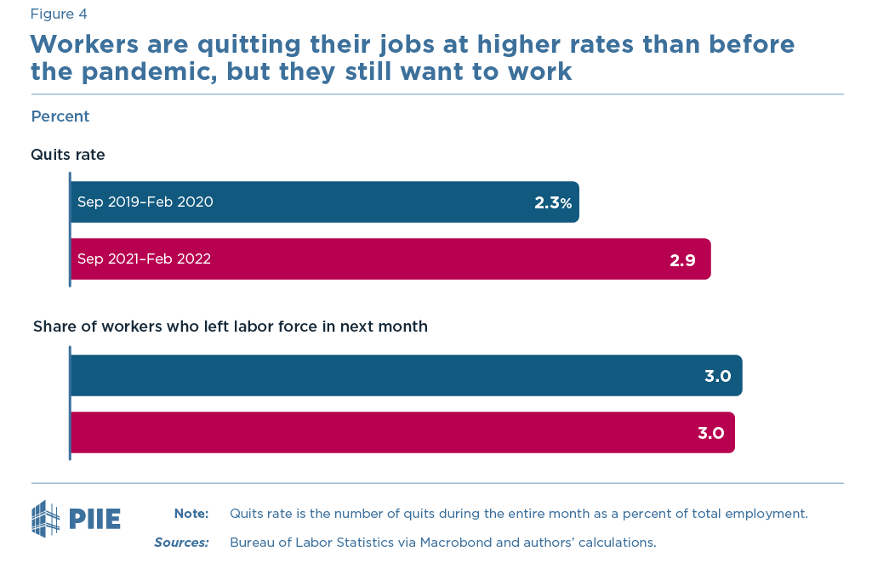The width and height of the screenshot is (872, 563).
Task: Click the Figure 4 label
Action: point(59,14)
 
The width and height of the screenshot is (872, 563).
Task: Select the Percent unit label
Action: point(60,117)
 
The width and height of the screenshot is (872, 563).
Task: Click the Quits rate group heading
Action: point(68,155)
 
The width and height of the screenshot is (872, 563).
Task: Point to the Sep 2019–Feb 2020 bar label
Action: point(145,202)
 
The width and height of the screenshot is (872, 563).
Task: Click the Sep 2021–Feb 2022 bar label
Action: point(144,259)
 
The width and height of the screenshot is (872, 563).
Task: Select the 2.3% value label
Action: point(552,202)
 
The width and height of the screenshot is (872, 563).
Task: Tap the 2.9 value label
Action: point(682,260)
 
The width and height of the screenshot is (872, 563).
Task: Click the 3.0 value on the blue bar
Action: point(717,376)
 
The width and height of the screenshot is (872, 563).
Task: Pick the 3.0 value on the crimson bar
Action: point(710,433)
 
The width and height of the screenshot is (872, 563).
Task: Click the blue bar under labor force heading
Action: point(383,376)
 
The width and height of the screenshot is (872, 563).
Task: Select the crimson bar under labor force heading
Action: point(383,433)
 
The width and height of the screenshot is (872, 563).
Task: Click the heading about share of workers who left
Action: point(230,327)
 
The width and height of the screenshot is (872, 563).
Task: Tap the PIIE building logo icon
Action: point(46,519)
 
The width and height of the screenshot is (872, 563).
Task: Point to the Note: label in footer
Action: point(191,514)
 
